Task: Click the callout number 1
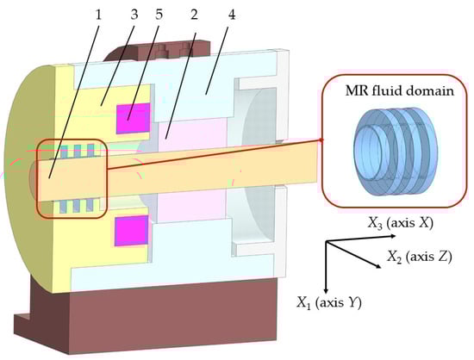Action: coord(98,15)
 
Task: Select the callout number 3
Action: coord(134,14)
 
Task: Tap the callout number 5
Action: coord(159,14)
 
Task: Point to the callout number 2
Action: coord(194,14)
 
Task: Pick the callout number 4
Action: coord(232,14)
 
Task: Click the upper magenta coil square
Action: coord(134,118)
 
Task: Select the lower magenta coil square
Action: coord(132,231)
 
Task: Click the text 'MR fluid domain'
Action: coord(400,90)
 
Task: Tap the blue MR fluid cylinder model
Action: coord(396,152)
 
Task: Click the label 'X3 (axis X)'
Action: coord(401,223)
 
